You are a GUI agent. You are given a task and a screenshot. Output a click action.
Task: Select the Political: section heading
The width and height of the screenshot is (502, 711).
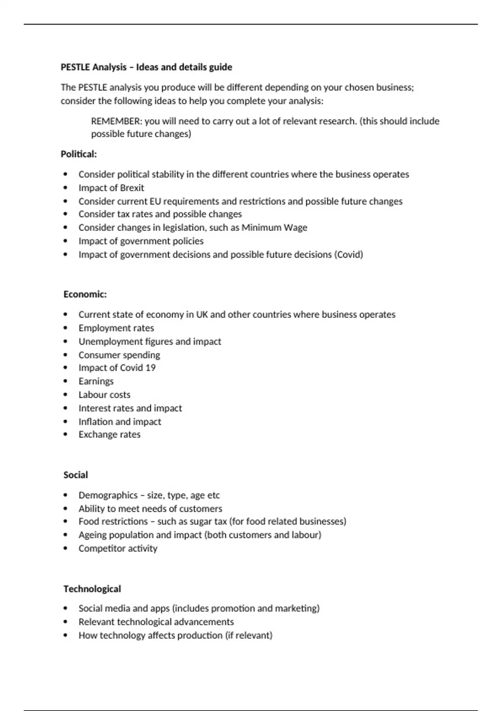[79, 154]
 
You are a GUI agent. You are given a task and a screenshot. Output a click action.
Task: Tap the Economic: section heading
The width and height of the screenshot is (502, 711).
[85, 294]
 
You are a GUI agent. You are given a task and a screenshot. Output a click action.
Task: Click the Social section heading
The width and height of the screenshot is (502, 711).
[76, 475]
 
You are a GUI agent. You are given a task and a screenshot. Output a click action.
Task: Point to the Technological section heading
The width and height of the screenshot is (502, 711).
[92, 589]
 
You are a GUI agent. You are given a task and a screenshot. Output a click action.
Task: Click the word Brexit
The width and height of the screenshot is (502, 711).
[132, 188]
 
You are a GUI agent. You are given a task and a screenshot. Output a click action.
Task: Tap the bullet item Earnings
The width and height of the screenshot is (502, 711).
[96, 381]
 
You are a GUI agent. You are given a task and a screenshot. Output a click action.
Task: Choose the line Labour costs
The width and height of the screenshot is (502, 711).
[104, 395]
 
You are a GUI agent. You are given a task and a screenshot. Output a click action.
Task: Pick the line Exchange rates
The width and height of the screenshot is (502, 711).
[109, 435]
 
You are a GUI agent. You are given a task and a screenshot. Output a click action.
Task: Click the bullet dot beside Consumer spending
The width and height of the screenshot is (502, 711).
[65, 355]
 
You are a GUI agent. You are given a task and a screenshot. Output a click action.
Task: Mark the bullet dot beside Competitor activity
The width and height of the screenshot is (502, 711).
[65, 548]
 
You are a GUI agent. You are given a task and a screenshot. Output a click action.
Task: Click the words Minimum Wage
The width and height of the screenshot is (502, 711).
[274, 228]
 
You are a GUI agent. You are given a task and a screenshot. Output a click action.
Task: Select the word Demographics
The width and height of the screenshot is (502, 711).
[108, 496]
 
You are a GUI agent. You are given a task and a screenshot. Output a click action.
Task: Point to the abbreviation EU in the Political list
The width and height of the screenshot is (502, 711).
[155, 202]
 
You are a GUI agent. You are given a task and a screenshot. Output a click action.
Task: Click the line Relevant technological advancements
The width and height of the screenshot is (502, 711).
[156, 622]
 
